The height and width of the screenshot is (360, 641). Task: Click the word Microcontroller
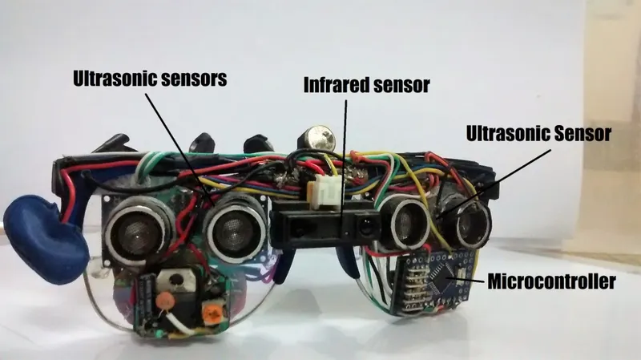click(551, 281)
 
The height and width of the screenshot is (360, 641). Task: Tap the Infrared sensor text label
click(366, 85)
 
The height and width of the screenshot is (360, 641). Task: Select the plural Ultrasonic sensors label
click(150, 79)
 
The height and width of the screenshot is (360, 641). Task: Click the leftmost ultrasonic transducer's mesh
click(138, 231)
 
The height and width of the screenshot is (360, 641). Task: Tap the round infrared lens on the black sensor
click(366, 226)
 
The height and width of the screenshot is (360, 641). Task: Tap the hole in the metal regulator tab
click(176, 280)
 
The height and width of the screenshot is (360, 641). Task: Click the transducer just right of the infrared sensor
click(405, 223)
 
